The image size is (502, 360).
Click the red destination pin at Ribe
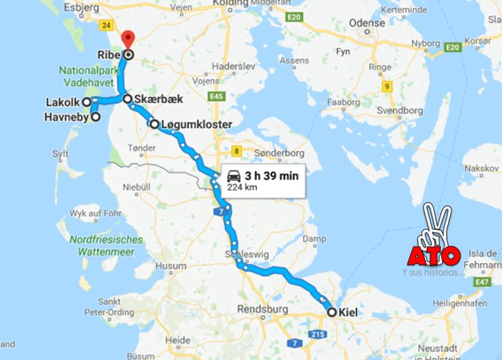pos(127,40)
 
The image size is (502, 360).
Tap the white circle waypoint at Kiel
pos(332,312)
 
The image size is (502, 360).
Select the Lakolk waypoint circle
pos(87,102)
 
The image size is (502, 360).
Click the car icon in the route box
pos(234,176)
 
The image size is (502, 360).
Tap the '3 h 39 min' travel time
pos(271,176)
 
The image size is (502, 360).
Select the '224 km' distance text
pos(242,187)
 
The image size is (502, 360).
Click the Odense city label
pos(367,22)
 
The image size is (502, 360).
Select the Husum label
pos(171,266)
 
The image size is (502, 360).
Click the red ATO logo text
pos(434,256)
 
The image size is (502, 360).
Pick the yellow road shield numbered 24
pos(106,26)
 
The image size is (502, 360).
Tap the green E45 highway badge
pos(216,97)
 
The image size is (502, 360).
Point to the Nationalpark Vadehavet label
pos(91,77)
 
